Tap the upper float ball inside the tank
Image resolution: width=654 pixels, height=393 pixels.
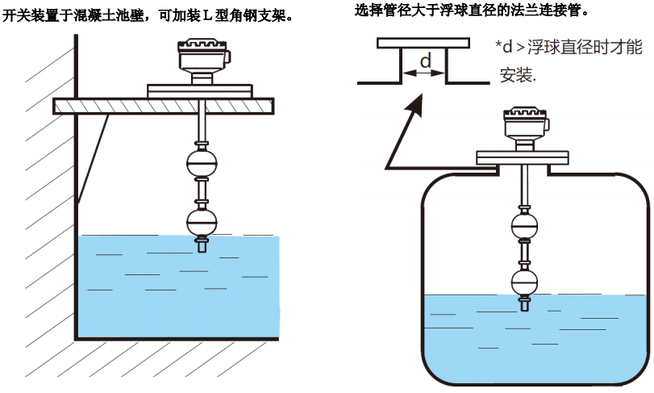click(524, 226)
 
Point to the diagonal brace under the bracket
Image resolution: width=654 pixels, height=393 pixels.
click(94, 157)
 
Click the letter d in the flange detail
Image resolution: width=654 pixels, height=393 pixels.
click(426, 61)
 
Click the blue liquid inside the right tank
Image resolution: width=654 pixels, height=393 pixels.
click(532, 339)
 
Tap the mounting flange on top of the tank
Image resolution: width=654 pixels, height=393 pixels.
click(524, 157)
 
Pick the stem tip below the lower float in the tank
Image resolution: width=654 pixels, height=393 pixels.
click(525, 305)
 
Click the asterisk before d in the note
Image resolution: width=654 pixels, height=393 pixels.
click(498, 46)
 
